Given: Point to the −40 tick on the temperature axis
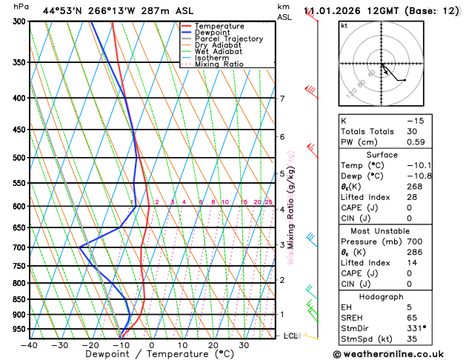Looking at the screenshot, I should [x=29, y=344].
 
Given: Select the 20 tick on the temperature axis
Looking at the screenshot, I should [x=213, y=344].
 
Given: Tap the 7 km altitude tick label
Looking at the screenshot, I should [x=282, y=99].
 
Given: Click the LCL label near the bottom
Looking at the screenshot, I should [x=290, y=336].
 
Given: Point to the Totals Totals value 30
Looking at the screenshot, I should [x=412, y=131].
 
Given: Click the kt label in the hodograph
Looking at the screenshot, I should [x=344, y=26].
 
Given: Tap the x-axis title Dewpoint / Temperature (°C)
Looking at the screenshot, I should [x=152, y=355].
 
